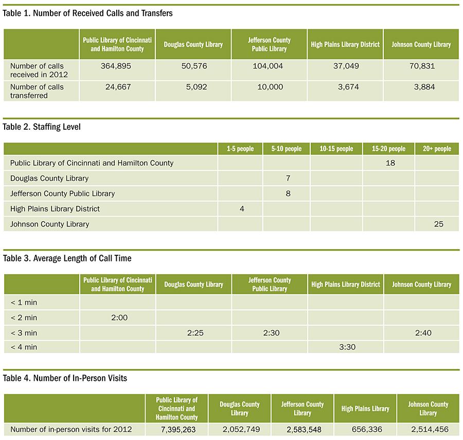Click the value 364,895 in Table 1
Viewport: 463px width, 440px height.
(116, 66)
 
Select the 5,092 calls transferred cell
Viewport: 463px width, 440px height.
(197, 87)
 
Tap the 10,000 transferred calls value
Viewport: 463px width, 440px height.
(270, 87)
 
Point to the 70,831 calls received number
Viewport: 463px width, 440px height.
(422, 66)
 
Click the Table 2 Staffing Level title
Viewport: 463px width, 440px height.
(42, 127)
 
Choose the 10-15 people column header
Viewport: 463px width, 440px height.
(336, 149)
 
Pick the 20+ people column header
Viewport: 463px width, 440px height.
(437, 149)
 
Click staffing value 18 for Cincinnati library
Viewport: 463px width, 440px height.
(390, 163)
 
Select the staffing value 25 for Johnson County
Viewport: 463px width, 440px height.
(438, 224)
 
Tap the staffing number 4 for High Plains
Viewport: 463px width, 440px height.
(242, 209)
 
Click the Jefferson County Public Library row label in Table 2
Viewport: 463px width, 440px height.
(63, 193)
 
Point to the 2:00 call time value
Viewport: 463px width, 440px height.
(119, 318)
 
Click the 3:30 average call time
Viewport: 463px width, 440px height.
(347, 347)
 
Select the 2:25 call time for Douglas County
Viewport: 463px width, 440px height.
(195, 333)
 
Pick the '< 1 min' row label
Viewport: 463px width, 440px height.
(24, 303)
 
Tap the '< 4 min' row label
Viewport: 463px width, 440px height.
(24, 347)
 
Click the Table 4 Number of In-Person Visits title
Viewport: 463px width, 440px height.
(65, 378)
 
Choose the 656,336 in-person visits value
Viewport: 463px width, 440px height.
(367, 429)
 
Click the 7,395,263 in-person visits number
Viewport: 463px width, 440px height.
(179, 430)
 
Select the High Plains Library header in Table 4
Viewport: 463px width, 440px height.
(365, 409)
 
